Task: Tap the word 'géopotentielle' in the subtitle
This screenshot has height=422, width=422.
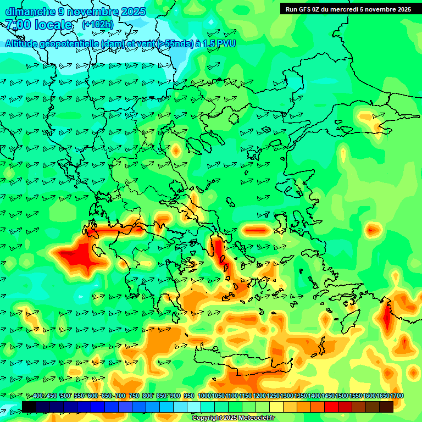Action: click(65, 43)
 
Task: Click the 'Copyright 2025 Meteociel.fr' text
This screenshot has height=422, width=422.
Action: click(233, 418)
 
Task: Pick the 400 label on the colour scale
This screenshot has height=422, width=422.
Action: click(38, 396)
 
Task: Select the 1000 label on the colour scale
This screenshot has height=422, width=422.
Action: click(204, 396)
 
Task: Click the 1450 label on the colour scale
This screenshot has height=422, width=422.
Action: click(328, 396)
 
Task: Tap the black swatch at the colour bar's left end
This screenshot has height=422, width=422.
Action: click(29, 407)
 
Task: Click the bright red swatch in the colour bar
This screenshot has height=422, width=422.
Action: click(331, 407)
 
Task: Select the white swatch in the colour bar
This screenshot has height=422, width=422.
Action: click(194, 407)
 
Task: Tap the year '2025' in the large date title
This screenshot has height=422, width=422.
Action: click(133, 12)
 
